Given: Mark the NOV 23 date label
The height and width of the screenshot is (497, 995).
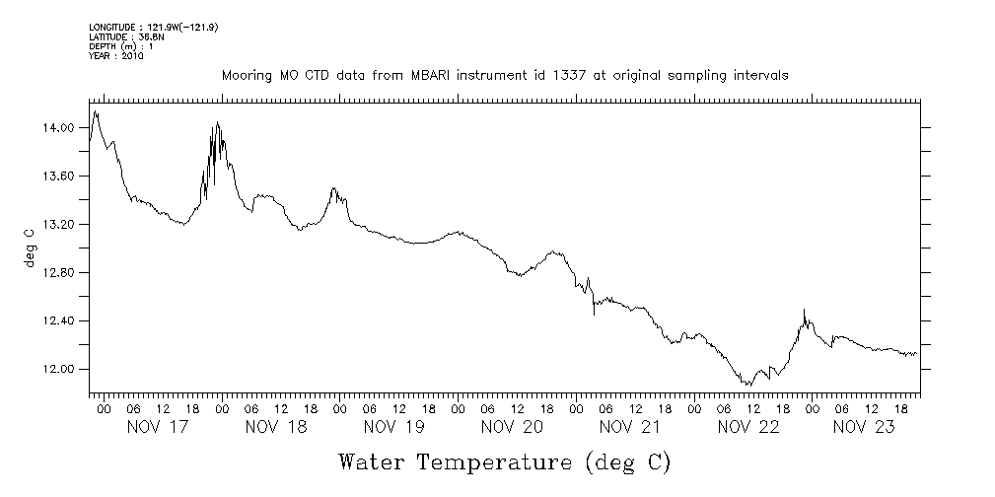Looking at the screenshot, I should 866,427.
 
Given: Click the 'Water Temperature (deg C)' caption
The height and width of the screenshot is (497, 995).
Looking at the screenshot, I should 504,461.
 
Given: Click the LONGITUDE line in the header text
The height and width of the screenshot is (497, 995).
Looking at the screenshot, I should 153,27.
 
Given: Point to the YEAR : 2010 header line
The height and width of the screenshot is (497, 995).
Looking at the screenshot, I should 116,56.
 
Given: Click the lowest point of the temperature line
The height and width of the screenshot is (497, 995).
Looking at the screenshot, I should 749,385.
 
